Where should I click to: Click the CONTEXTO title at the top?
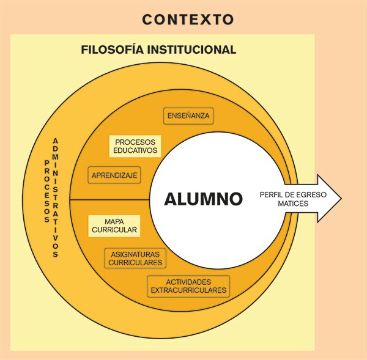click(x=187, y=20)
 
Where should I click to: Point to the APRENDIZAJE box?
click(x=115, y=175)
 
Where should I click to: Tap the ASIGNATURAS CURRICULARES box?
click(x=135, y=258)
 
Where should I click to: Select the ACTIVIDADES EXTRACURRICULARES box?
click(x=188, y=286)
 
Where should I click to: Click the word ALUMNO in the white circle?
click(x=203, y=199)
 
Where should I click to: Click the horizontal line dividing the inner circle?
click(x=110, y=200)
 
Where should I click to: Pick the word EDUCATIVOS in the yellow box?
click(x=135, y=150)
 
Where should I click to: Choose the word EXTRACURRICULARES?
click(x=188, y=290)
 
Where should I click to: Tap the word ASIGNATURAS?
click(x=135, y=254)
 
